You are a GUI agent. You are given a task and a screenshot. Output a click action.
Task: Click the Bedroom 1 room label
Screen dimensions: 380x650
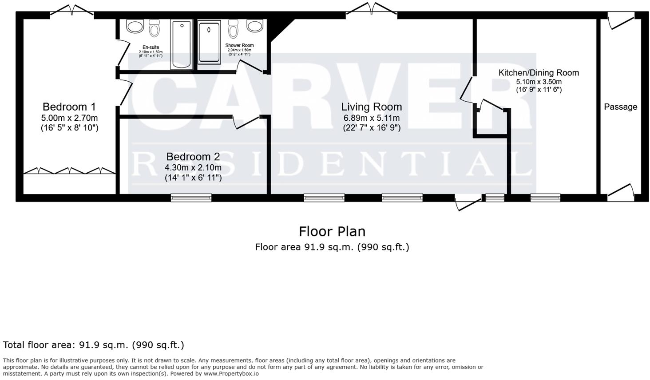click(x=69, y=107)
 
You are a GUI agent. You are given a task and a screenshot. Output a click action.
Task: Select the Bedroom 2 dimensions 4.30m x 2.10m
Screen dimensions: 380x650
click(x=193, y=168)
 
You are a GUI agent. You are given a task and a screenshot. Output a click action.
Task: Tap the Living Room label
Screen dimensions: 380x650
click(x=371, y=107)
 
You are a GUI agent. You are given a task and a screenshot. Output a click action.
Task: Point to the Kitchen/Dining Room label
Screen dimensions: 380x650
click(x=539, y=73)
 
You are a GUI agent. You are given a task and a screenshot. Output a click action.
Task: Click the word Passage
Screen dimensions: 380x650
click(x=620, y=107)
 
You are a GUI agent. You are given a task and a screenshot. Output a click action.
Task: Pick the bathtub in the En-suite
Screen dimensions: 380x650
click(x=182, y=45)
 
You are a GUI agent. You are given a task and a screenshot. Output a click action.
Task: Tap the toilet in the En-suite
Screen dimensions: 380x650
click(x=155, y=28)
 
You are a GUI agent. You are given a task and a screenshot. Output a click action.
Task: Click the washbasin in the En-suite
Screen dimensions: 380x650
click(x=135, y=26)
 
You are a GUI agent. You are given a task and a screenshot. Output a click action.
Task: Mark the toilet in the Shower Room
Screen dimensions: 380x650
click(x=233, y=29)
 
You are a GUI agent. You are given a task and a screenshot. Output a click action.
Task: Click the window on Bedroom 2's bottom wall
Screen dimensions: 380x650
click(x=191, y=198)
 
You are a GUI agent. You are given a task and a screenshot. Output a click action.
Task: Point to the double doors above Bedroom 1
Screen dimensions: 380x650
click(x=72, y=11)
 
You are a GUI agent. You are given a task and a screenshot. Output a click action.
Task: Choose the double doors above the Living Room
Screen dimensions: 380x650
click(x=372, y=10)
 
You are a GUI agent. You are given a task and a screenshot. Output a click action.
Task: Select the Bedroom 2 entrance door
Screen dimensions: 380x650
click(x=246, y=122)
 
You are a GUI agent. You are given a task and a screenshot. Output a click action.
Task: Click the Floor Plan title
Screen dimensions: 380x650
click(x=332, y=232)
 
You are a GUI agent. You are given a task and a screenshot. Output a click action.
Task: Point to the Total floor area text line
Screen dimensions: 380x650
click(x=93, y=345)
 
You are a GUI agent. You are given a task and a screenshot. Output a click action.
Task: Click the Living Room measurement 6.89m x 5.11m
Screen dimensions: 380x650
click(x=371, y=118)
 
